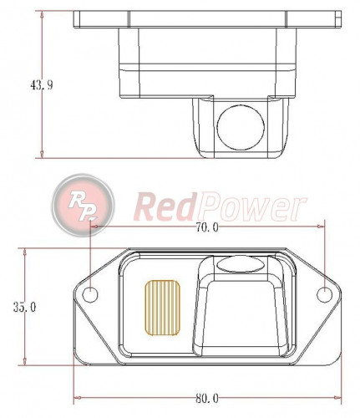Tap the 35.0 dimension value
pyautogui.click(x=24, y=307)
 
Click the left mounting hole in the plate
pyautogui.click(x=89, y=293)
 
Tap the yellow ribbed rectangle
pyautogui.click(x=164, y=305)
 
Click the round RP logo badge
pyautogui.click(x=83, y=203)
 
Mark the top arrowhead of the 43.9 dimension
pyautogui.click(x=42, y=14)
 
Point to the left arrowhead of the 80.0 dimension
pyautogui.click(x=78, y=397)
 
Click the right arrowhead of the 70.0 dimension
pyautogui.click(x=322, y=227)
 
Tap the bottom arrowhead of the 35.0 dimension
pyautogui.click(x=24, y=364)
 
